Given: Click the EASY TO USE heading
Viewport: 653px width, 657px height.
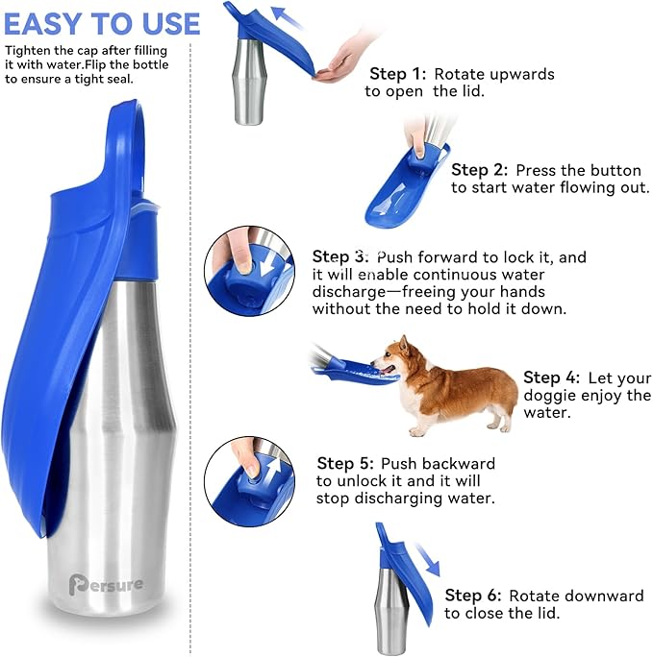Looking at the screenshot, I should click(102, 23).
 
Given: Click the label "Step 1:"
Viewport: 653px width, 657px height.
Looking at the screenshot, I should click(399, 74).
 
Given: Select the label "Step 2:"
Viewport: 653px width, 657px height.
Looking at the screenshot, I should click(480, 170).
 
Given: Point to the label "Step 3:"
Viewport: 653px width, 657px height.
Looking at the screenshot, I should click(340, 257).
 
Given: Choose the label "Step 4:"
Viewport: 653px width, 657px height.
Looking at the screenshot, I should click(551, 377).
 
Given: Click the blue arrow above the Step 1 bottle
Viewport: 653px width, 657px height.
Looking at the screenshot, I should click(285, 16).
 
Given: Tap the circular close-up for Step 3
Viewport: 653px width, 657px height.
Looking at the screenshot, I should click(249, 270).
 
